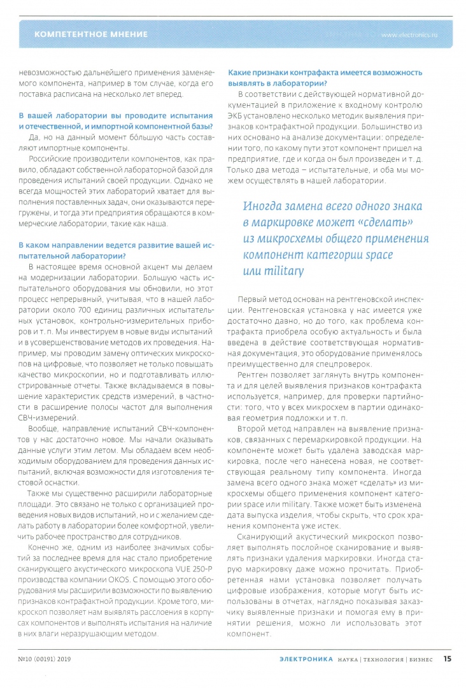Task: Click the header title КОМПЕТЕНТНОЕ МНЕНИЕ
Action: (90, 34)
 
